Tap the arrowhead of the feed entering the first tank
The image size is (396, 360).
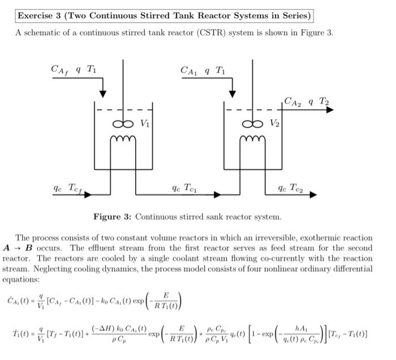[x=102, y=93]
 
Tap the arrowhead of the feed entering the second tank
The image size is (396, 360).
[x=231, y=93]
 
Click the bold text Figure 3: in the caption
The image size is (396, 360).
[x=113, y=217]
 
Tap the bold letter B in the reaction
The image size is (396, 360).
[x=29, y=248]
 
